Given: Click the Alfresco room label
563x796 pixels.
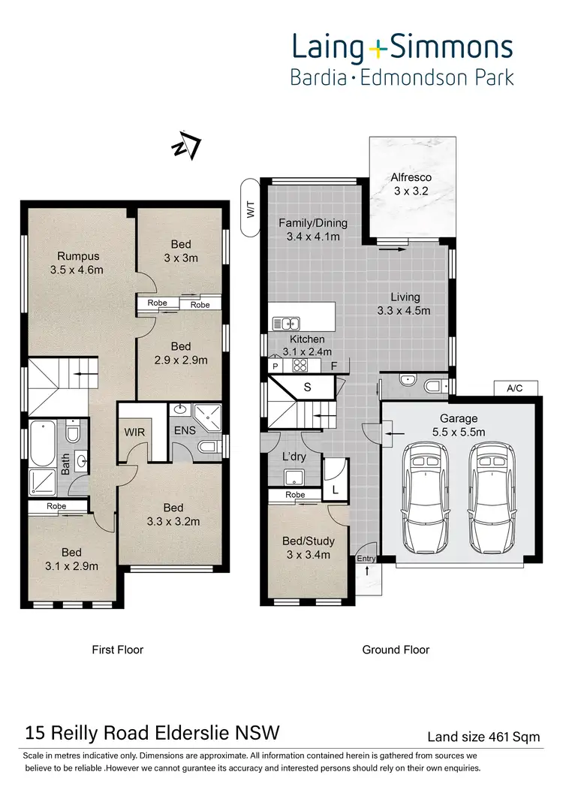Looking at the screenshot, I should pos(410,178).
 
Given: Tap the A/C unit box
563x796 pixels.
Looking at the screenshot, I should pos(514,387).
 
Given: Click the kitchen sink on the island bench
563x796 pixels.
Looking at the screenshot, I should pos(288,324).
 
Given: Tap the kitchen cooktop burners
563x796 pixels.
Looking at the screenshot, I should pos(301,366).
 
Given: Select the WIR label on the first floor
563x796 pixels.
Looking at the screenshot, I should pos(135,433).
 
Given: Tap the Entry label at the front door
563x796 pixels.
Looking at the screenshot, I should pos(366,558).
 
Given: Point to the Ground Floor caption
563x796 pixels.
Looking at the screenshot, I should pos(396,650).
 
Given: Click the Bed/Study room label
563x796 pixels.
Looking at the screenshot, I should pos(309,541).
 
